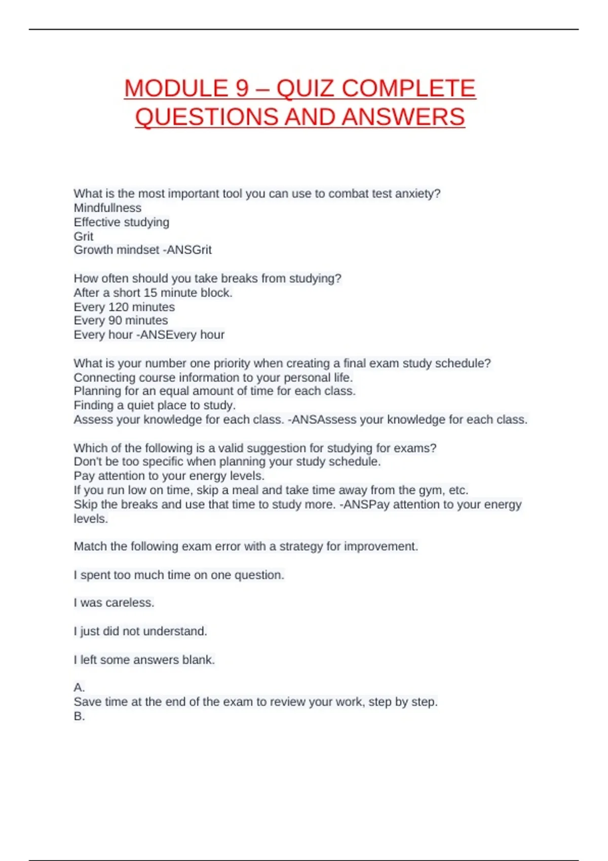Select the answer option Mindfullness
tap(107, 208)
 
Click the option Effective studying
tap(122, 222)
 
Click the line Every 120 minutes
tap(124, 307)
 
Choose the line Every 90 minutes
tap(121, 320)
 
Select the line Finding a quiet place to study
tap(155, 405)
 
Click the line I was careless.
tap(114, 603)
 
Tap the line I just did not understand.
tap(140, 631)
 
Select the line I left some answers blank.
tap(144, 659)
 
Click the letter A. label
tap(79, 687)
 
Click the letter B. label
tap(79, 716)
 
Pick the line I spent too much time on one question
tap(179, 575)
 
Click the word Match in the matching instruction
tap(90, 546)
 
